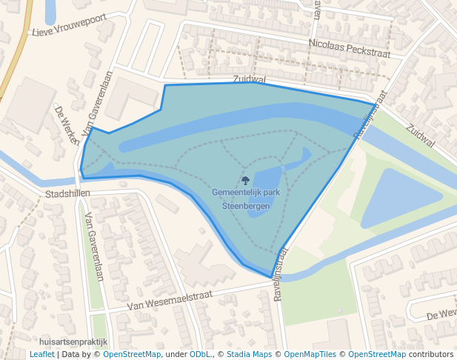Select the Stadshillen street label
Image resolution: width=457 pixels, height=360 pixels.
pyautogui.click(x=67, y=194)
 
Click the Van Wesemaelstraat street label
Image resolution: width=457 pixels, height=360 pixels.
pyautogui.click(x=170, y=300)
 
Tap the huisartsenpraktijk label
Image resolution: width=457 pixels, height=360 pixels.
pyautogui.click(x=73, y=342)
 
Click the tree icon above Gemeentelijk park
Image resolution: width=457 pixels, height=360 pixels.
pyautogui.click(x=245, y=180)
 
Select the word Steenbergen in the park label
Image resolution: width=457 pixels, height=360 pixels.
pyautogui.click(x=246, y=206)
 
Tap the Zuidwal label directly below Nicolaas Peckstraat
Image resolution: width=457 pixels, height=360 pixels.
pyautogui.click(x=249, y=78)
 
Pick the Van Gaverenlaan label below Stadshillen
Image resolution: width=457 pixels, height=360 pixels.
pyautogui.click(x=94, y=247)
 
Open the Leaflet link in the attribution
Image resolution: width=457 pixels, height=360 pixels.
pyautogui.click(x=41, y=355)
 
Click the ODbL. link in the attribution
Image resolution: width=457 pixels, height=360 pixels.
pyautogui.click(x=200, y=355)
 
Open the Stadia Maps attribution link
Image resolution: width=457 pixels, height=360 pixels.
pyautogui.click(x=249, y=355)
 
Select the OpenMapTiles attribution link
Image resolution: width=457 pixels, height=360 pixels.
pyautogui.click(x=310, y=355)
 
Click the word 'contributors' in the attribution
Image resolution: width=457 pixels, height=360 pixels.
pyautogui.click(x=431, y=355)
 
